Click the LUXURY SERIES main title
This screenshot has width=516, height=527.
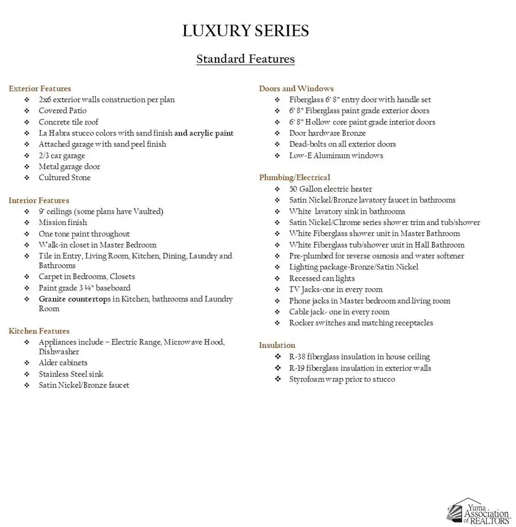[x=245, y=31]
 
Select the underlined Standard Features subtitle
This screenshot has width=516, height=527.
[x=245, y=59]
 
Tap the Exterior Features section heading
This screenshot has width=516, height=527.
[x=40, y=88]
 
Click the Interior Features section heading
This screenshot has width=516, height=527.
[x=38, y=200]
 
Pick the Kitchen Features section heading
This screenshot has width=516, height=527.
[x=39, y=331]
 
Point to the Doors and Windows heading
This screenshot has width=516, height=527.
[x=296, y=88]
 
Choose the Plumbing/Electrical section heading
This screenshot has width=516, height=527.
[x=294, y=177]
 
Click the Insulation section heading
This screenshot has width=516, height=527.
[x=277, y=345]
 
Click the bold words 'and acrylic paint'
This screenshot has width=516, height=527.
[x=204, y=133]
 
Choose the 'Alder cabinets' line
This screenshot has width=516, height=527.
[x=63, y=363]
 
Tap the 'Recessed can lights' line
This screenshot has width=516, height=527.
[x=322, y=278]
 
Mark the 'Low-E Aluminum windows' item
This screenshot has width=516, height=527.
[x=336, y=156]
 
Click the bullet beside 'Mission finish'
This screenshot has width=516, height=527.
[x=27, y=223]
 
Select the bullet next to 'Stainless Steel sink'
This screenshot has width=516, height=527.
[x=27, y=374]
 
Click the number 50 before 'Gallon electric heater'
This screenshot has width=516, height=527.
[x=294, y=189]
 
